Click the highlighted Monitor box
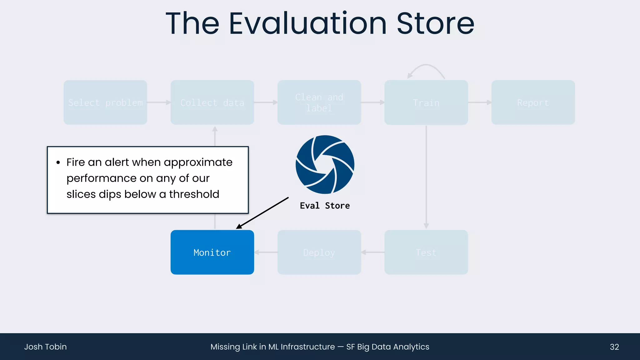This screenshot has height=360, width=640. [x=212, y=252]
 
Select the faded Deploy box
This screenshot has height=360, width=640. [x=319, y=252]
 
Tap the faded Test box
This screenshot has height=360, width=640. [x=426, y=252]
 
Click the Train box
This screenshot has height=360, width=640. [x=426, y=102]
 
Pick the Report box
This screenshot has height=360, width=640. [x=533, y=102]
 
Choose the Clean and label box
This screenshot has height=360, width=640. [x=319, y=102]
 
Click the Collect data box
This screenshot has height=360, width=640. [x=212, y=102]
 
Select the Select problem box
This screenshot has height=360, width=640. [x=105, y=102]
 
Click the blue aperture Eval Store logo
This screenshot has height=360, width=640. [x=325, y=164]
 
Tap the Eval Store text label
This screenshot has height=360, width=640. [x=325, y=206]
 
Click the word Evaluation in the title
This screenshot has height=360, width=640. [x=308, y=23]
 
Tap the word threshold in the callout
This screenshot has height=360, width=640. [x=194, y=194]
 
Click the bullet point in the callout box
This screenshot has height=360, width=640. [x=58, y=163]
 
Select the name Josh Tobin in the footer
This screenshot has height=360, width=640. [x=45, y=347]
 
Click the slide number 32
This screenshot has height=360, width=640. [x=614, y=347]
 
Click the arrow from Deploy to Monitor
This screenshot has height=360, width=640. [x=266, y=252]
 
